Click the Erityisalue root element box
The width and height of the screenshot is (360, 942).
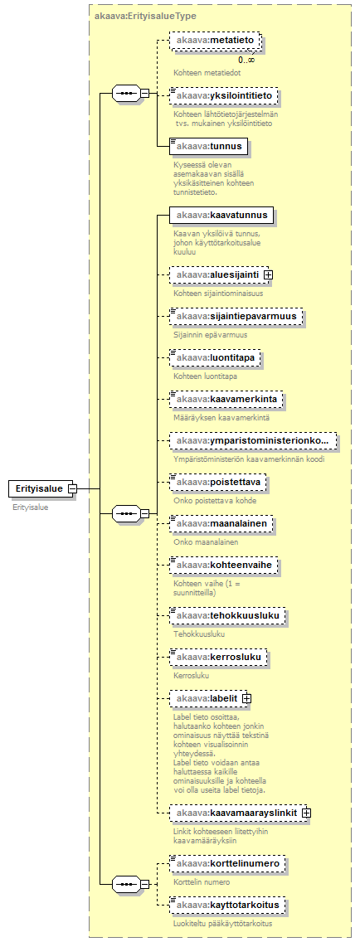40,488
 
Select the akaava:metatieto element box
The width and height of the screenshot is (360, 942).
216,41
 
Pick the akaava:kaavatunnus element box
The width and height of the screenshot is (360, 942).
221,215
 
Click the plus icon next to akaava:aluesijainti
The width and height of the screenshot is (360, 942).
268,274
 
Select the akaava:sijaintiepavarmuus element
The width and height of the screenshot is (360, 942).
236,315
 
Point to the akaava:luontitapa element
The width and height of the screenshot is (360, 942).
216,357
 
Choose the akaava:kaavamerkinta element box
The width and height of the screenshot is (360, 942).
226,400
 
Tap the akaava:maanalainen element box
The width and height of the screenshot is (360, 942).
221,524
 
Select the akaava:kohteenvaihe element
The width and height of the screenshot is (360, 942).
224,566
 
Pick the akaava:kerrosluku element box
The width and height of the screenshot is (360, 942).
217,658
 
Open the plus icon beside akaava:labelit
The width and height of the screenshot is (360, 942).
246,699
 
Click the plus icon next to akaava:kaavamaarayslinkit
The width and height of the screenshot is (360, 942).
307,812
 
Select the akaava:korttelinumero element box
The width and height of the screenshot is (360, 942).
227,863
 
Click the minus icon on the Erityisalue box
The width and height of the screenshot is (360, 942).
72,489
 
